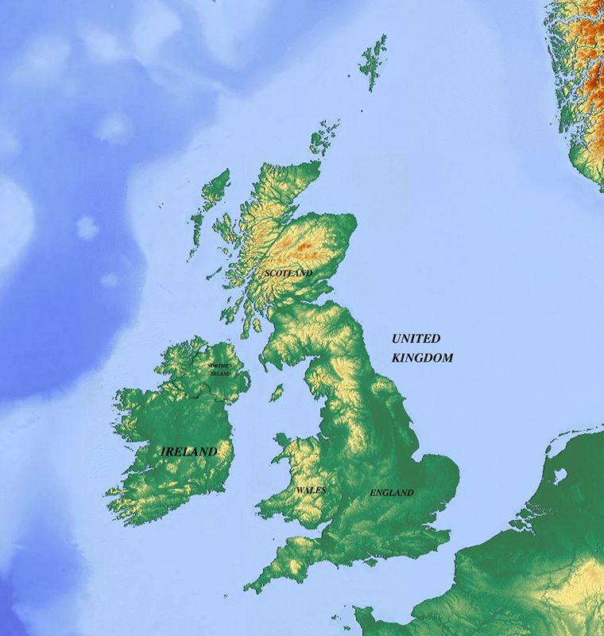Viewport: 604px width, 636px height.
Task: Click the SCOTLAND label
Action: coord(288,273)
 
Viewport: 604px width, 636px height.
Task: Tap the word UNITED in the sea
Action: coord(416,339)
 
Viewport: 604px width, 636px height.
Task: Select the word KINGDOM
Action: coord(422,358)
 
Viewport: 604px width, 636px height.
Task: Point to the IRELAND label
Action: coord(189,452)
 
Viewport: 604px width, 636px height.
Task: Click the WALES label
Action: coord(311,491)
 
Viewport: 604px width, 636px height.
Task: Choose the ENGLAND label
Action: coord(392,493)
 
